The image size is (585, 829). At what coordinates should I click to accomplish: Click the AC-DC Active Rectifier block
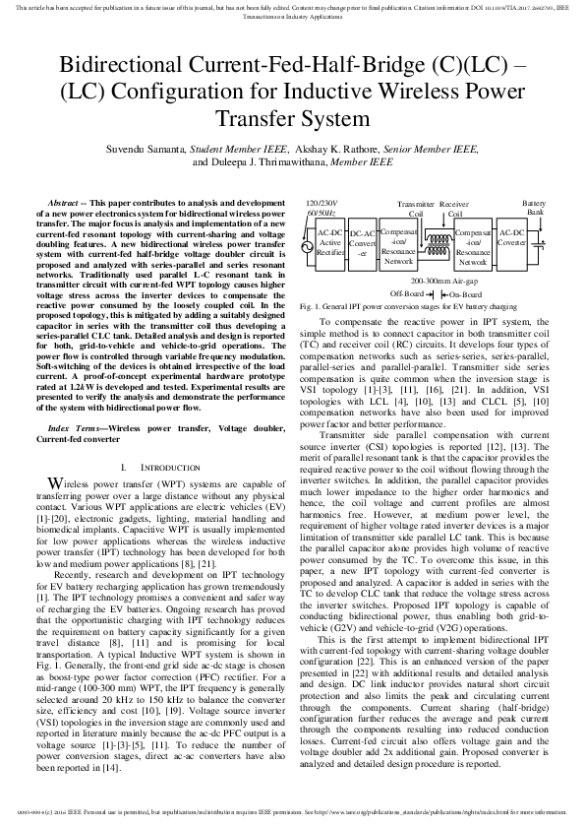coord(330,241)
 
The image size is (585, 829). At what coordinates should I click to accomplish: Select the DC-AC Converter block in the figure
coord(363,242)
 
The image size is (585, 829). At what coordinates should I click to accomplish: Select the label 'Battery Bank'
coord(535,207)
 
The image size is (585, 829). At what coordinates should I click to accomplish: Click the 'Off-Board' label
coord(406,293)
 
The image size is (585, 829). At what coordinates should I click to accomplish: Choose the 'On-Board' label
coord(468,293)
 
